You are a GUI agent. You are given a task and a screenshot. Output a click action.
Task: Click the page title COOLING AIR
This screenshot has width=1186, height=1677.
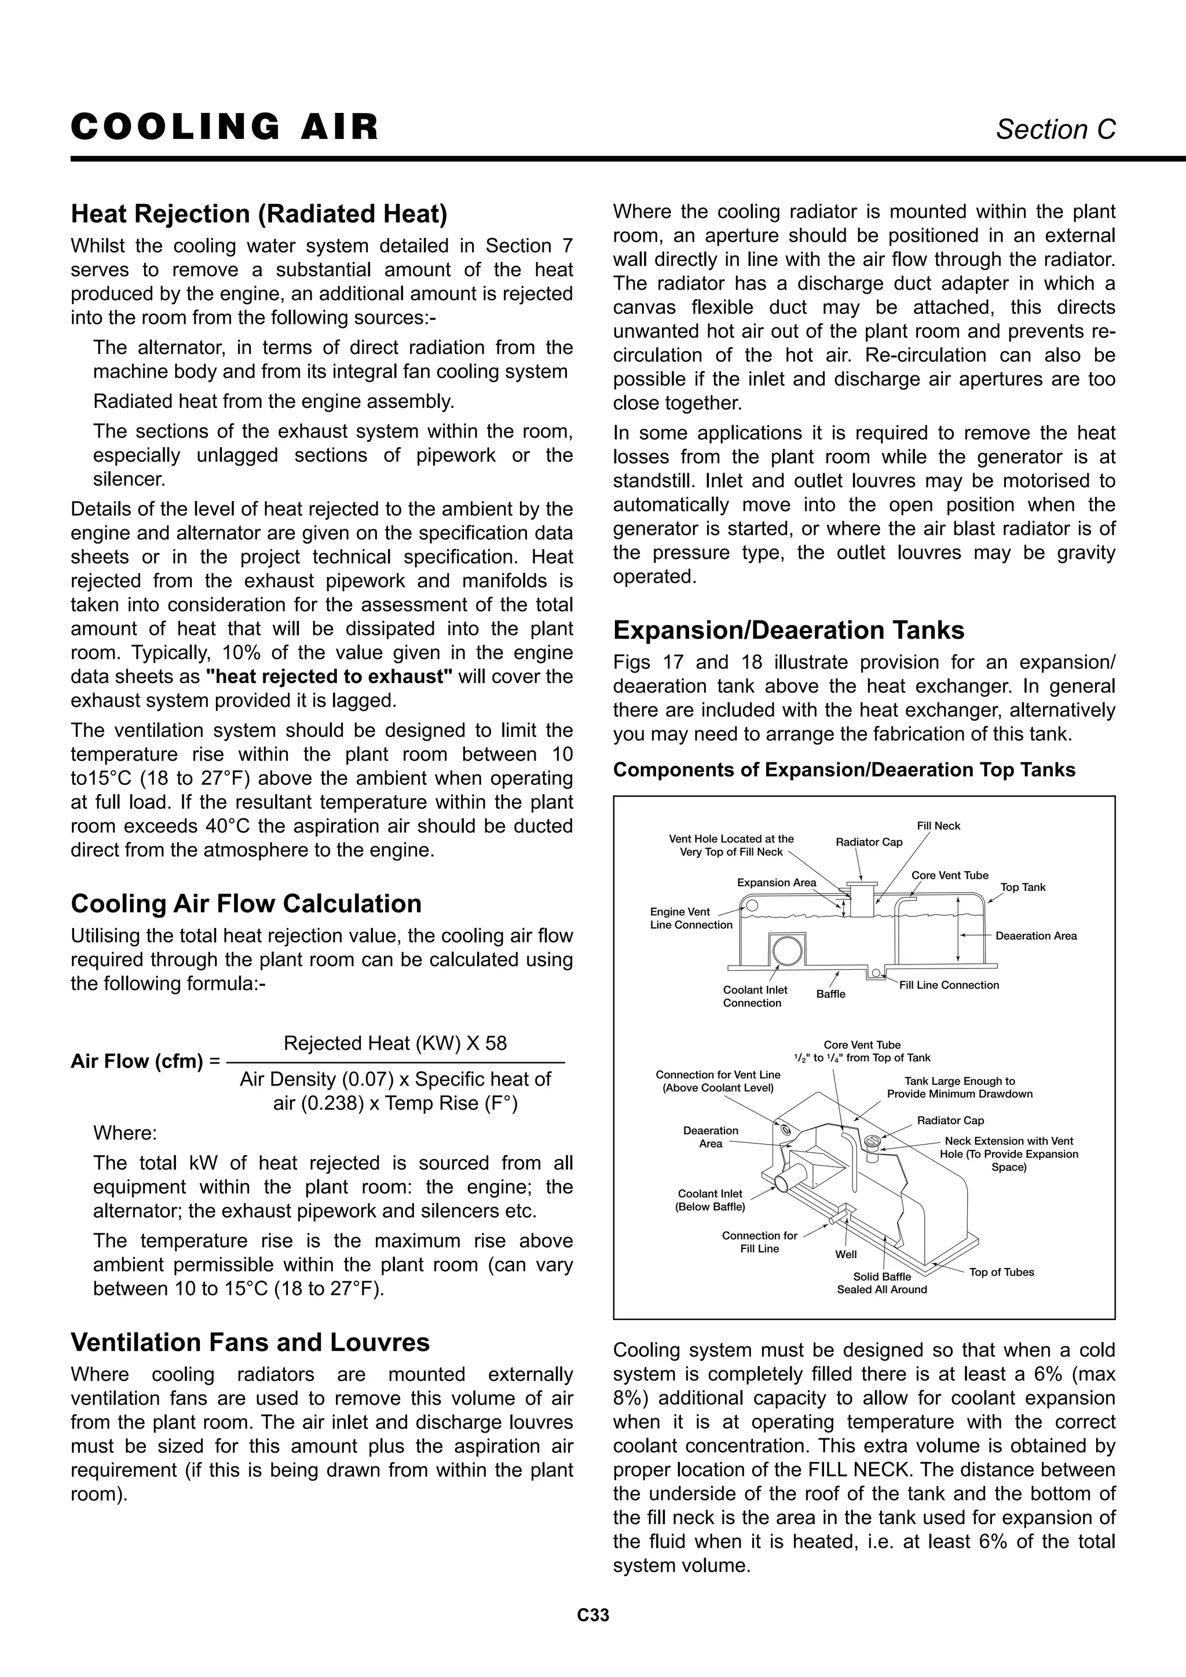pyautogui.click(x=224, y=127)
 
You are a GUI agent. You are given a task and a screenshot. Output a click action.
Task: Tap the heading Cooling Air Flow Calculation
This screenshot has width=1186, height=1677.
pyautogui.click(x=246, y=904)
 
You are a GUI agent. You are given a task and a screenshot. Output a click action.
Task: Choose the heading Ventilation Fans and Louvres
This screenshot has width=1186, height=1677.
pyautogui.click(x=250, y=1343)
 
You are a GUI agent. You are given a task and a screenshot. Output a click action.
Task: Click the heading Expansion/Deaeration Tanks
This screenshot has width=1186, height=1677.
pyautogui.click(x=788, y=630)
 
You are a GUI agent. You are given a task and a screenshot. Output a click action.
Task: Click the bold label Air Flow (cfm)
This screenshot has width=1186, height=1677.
pyautogui.click(x=137, y=1061)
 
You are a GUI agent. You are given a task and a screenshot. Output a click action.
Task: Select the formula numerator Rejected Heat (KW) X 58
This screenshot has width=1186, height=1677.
pyautogui.click(x=394, y=1043)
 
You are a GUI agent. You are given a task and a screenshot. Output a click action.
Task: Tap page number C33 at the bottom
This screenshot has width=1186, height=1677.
pyautogui.click(x=592, y=1635)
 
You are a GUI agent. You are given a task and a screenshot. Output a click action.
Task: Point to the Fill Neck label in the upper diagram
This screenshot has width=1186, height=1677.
pyautogui.click(x=938, y=826)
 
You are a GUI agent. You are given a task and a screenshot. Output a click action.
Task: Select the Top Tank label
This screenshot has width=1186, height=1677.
pyautogui.click(x=1023, y=887)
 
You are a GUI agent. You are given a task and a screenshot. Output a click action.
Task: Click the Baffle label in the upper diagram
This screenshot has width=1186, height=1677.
pyautogui.click(x=830, y=994)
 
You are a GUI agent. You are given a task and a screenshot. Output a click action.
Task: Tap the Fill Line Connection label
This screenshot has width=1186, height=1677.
pyautogui.click(x=949, y=985)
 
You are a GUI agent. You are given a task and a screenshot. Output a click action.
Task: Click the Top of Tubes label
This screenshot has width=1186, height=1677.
pyautogui.click(x=1001, y=1272)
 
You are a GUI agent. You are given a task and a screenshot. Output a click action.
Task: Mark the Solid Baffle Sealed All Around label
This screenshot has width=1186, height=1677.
pyautogui.click(x=881, y=1283)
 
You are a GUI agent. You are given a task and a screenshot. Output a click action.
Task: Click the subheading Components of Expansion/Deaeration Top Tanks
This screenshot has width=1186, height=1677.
pyautogui.click(x=844, y=770)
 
